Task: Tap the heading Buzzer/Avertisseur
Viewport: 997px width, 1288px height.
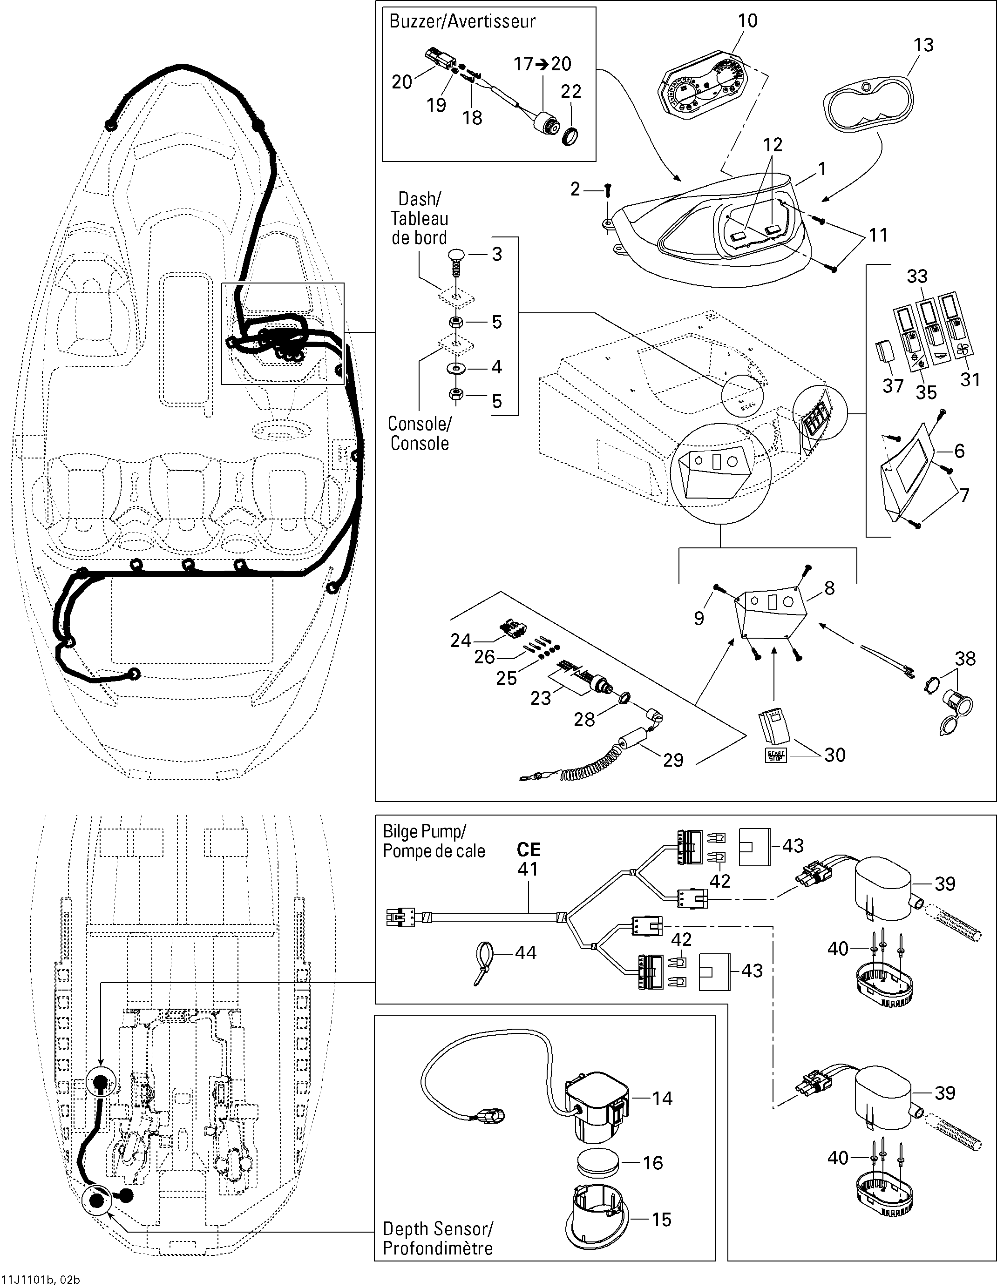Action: coord(462,21)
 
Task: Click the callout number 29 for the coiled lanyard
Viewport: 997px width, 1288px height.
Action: coord(673,760)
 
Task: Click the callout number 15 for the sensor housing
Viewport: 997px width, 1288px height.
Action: coord(661,1219)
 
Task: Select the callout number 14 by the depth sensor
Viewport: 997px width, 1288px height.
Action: coord(662,1098)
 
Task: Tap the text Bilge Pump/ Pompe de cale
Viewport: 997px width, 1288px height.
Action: coord(434,841)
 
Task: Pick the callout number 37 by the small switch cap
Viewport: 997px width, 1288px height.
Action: coord(893,386)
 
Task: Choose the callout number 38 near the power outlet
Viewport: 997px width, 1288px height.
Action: coord(965,659)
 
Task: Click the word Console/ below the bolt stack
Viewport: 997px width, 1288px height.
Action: coord(420,424)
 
